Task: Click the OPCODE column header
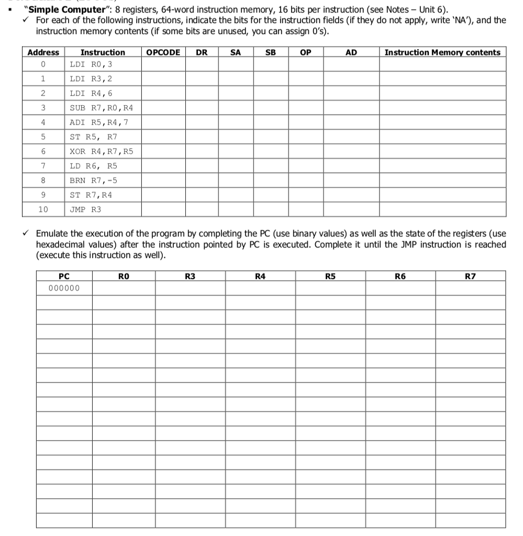pos(163,52)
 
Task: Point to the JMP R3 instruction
pos(86,209)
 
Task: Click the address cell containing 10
pos(43,209)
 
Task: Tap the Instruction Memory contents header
pos(442,52)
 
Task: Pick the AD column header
pos(351,52)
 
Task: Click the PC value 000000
pos(63,288)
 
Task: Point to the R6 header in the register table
pos(400,276)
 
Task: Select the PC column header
pos(64,276)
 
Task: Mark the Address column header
pos(43,52)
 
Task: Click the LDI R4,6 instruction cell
pos(91,93)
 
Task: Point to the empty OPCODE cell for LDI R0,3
pos(163,64)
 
